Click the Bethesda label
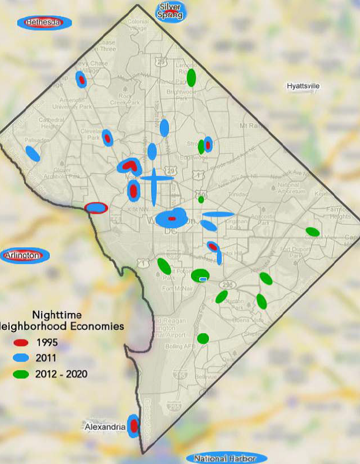click(44, 22)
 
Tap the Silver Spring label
click(171, 11)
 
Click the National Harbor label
click(225, 459)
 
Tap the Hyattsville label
click(303, 86)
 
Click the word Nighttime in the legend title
click(57, 315)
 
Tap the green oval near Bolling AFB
click(202, 338)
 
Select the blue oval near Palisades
click(32, 154)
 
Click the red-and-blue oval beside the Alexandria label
click(134, 427)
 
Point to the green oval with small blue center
click(201, 276)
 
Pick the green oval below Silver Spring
click(192, 77)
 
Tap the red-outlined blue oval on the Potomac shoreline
click(96, 208)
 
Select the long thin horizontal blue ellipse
click(218, 214)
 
